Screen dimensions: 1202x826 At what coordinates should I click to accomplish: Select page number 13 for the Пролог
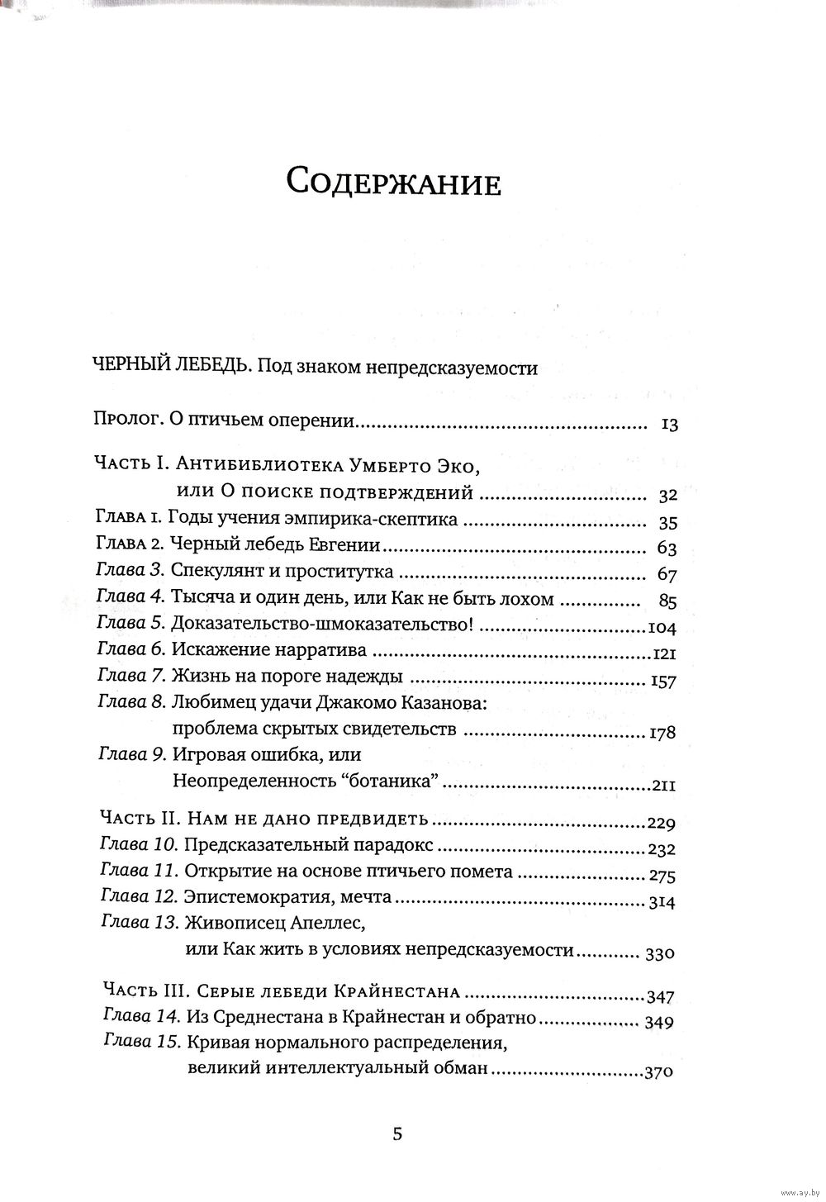point(669,425)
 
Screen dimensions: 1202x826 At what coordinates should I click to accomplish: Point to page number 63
point(667,549)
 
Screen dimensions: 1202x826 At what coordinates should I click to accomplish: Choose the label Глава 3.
point(131,572)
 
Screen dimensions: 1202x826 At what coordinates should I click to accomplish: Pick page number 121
point(663,655)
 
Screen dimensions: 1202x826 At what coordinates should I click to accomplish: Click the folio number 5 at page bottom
point(397,1133)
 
